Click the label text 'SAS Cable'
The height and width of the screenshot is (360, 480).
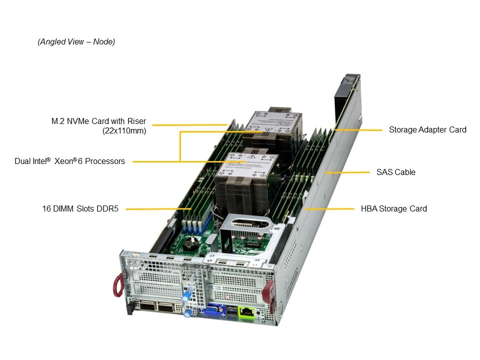point(395,172)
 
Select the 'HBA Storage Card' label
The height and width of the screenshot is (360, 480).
point(393,208)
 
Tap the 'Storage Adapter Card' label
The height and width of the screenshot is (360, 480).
point(427,129)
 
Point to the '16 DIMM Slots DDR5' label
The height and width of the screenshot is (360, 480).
point(80,208)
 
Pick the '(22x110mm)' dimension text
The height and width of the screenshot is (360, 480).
point(124,131)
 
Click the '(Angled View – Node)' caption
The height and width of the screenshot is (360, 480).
point(76,42)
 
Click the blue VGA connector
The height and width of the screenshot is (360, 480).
point(211,310)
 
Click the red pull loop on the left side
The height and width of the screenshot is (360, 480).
point(118,285)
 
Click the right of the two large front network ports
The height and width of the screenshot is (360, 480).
point(166,307)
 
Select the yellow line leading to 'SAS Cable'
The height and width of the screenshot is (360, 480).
point(347,172)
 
